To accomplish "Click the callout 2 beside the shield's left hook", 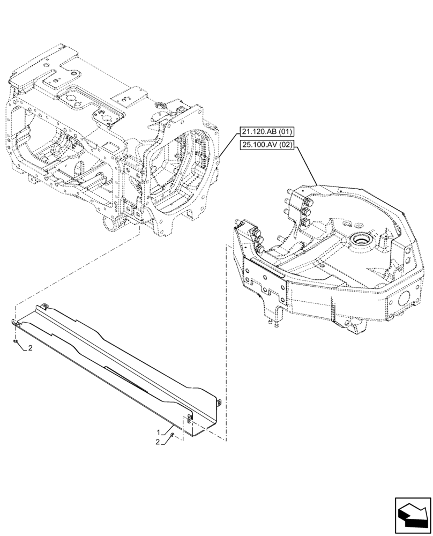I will pos(31,348).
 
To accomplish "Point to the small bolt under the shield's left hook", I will pos(16,341).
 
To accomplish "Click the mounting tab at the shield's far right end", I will pos(219,401).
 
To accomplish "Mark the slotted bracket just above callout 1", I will pos(190,419).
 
